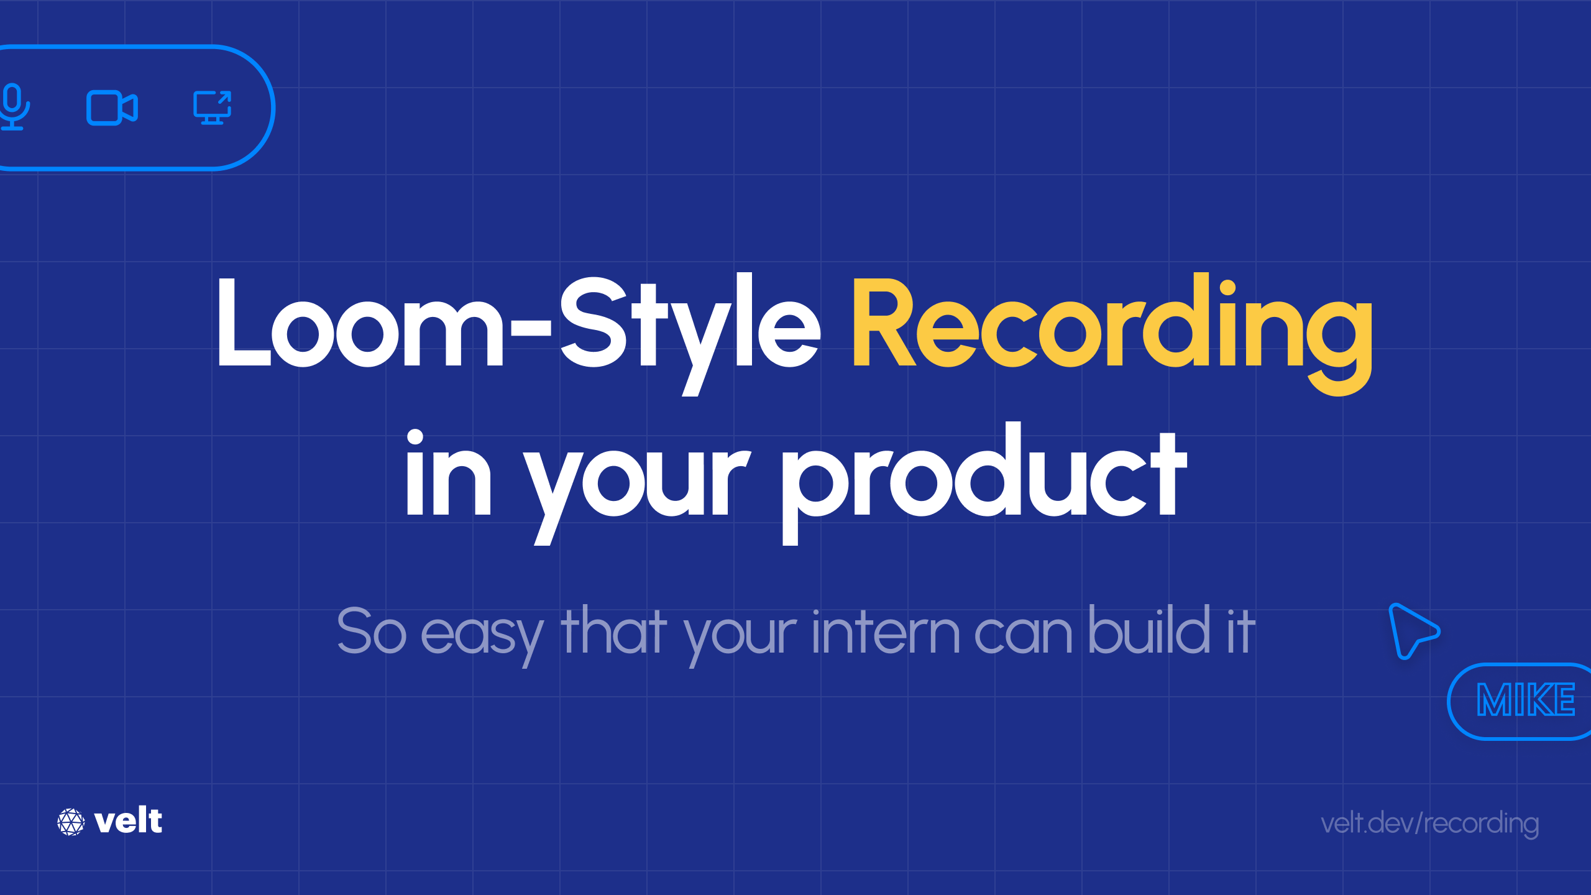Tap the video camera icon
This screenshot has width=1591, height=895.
click(x=112, y=108)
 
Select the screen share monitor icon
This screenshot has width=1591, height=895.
click(x=212, y=108)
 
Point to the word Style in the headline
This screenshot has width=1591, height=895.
click(x=690, y=326)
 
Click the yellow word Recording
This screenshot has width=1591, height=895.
click(x=1111, y=326)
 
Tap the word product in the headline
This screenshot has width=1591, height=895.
click(x=983, y=475)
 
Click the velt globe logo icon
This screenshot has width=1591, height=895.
click(x=71, y=822)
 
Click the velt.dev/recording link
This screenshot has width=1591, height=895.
click(x=1429, y=824)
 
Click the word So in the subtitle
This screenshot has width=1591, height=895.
click(x=372, y=631)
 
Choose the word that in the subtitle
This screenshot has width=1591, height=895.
click(x=613, y=631)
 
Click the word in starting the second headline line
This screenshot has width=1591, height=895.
click(x=447, y=475)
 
